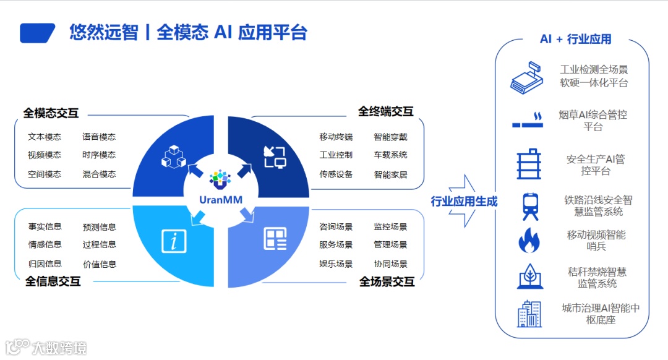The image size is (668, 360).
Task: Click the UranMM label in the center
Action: pos(220,199)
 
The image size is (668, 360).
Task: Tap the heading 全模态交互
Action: pos(51,113)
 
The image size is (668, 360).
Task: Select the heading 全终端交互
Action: pos(385,111)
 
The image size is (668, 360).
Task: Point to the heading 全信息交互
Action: pos(53,281)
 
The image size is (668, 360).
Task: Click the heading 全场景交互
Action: pos(387,282)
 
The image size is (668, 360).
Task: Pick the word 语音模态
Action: pos(99,137)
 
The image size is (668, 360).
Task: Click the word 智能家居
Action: pos(390,174)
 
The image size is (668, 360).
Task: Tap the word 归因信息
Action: pos(45,264)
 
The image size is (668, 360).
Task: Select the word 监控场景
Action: pos(390,227)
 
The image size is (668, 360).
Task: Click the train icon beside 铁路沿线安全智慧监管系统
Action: pos(529,207)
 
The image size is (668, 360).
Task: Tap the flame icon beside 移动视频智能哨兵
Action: pos(529,241)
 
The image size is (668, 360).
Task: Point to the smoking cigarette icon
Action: pos(527,121)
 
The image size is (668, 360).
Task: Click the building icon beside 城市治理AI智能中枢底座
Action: pos(529,314)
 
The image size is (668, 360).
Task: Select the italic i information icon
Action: pos(174,241)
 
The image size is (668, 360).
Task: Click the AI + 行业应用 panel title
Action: pos(575,39)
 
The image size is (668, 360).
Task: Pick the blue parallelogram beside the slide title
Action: pos(38,33)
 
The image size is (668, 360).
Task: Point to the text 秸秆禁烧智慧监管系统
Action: pos(597,278)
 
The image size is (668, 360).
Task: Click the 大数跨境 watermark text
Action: pos(59,348)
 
